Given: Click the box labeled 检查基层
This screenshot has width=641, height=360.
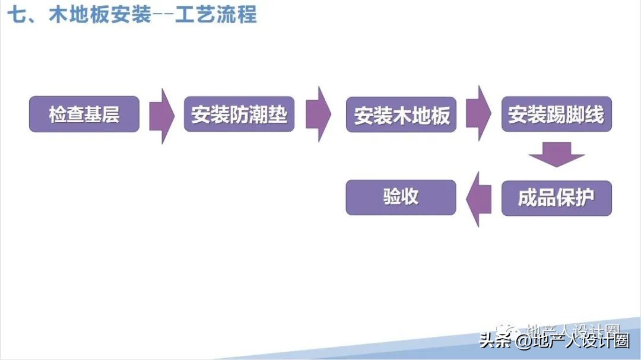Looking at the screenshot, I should pyautogui.click(x=84, y=114).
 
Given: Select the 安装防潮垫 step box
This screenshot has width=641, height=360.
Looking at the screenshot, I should pyautogui.click(x=239, y=114).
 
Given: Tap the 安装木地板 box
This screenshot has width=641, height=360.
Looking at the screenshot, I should pyautogui.click(x=401, y=115).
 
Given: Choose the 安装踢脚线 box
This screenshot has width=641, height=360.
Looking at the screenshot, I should pyautogui.click(x=556, y=114).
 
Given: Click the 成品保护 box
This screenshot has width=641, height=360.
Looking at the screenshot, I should pyautogui.click(x=556, y=198).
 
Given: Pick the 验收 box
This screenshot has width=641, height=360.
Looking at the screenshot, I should pyautogui.click(x=401, y=197).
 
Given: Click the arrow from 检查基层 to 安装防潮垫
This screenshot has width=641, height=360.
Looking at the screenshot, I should pyautogui.click(x=161, y=116).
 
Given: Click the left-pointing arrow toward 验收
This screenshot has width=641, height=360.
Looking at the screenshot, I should pyautogui.click(x=479, y=198).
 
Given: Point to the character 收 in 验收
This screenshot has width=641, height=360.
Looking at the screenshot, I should pyautogui.click(x=411, y=197).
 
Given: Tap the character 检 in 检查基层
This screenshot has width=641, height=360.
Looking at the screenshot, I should pyautogui.click(x=58, y=114).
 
